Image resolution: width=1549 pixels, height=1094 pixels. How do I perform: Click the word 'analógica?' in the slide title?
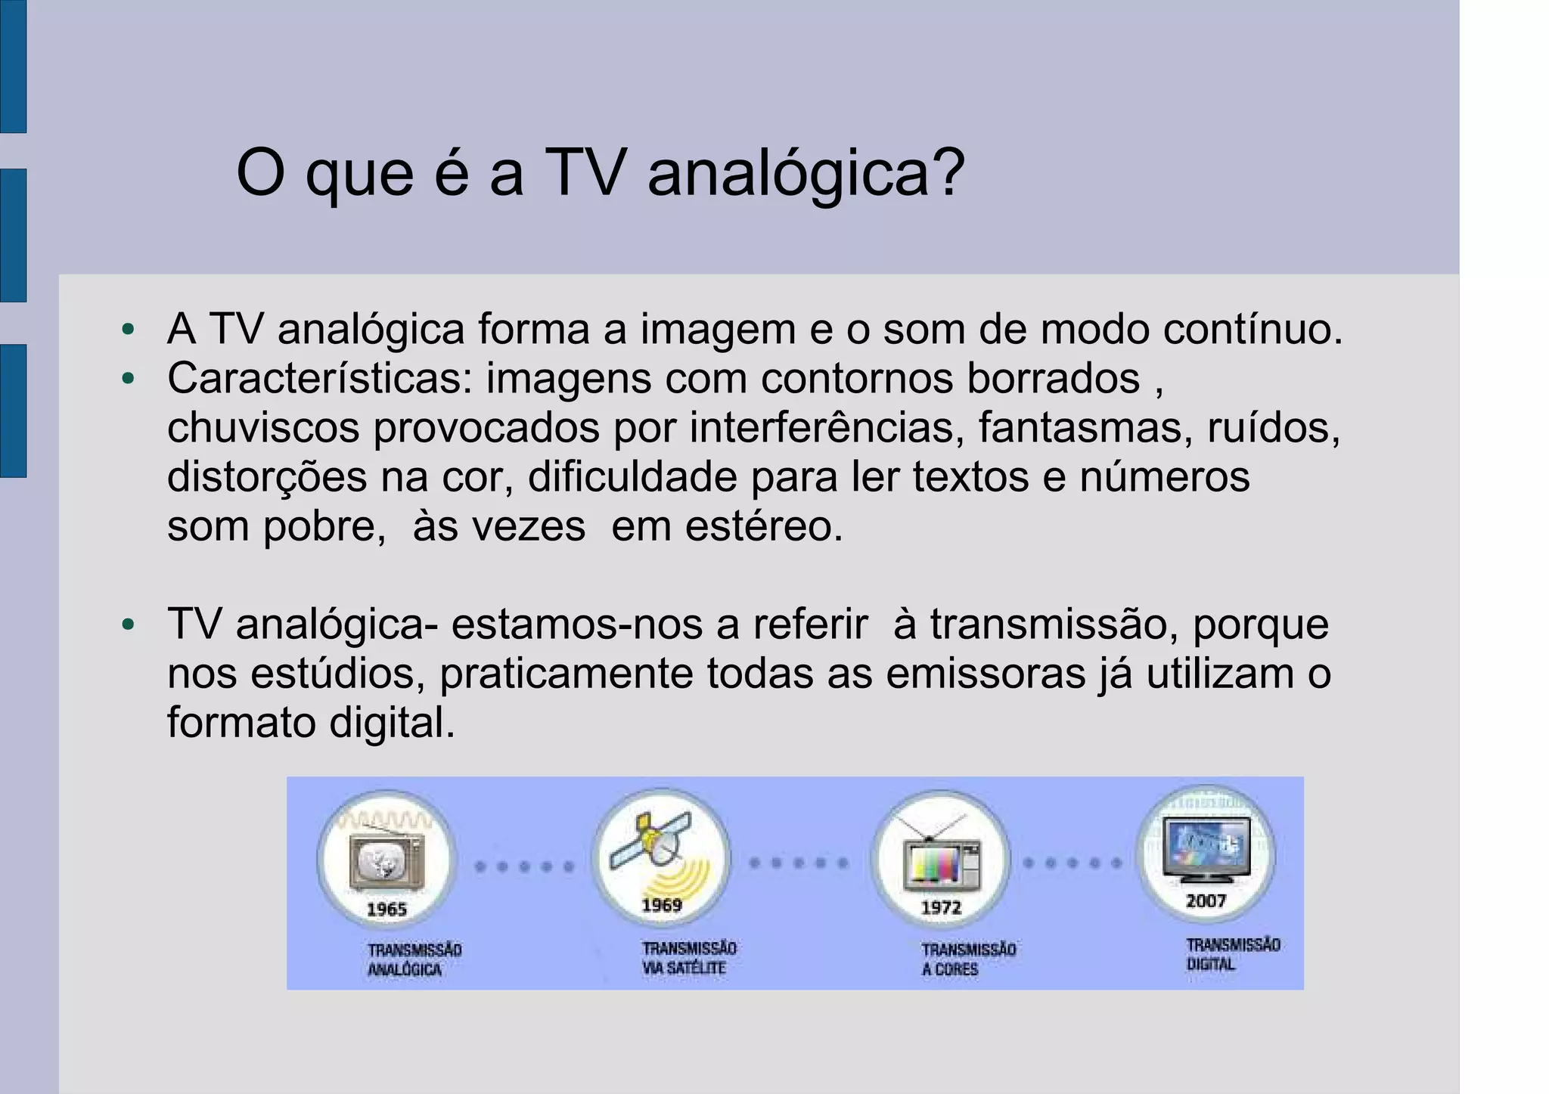tap(806, 175)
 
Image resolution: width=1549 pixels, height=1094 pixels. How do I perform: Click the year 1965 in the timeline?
tap(386, 909)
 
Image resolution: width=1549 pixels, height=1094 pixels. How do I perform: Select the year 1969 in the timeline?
tap(662, 905)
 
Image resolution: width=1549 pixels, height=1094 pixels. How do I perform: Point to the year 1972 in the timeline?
tap(941, 907)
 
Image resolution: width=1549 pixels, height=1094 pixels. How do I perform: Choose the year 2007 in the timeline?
tap(1206, 900)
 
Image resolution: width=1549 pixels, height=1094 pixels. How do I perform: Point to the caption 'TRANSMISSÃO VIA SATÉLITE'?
tap(688, 958)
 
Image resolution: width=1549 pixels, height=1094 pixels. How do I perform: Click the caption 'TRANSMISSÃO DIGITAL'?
tap(1232, 954)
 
